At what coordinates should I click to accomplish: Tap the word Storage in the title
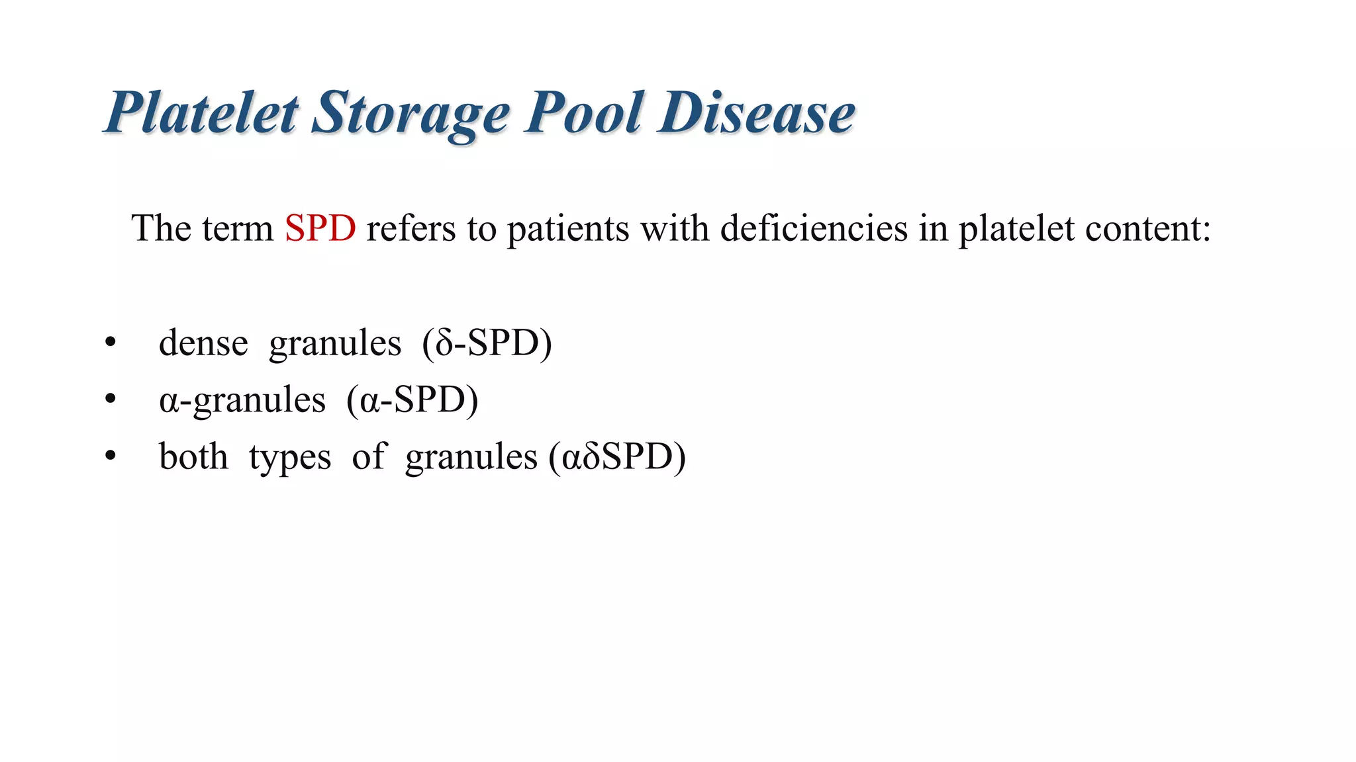tap(411, 114)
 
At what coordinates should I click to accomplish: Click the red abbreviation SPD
tap(320, 229)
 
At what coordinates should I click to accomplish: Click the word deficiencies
tap(814, 229)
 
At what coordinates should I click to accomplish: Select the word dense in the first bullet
tap(203, 343)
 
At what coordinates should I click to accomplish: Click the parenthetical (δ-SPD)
tap(487, 344)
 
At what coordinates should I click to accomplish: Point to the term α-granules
tap(242, 401)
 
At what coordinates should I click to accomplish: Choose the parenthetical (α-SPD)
tap(412, 401)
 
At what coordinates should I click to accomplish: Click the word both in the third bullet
tap(193, 457)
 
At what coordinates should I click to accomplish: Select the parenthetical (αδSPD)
tap(617, 458)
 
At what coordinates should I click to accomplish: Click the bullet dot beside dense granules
tap(110, 343)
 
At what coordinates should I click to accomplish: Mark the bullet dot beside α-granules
tap(110, 400)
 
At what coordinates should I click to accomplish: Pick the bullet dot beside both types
tap(110, 456)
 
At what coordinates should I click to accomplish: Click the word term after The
tap(238, 230)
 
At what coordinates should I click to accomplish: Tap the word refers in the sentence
tap(411, 229)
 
